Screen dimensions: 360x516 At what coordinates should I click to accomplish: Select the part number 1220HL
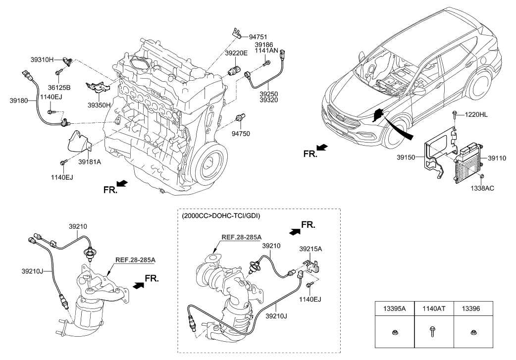coord(476,114)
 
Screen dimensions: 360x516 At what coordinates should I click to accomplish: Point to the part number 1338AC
coord(482,188)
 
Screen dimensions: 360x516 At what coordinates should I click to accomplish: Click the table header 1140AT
coord(434,308)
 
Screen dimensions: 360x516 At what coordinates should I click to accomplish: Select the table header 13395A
coord(394,308)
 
